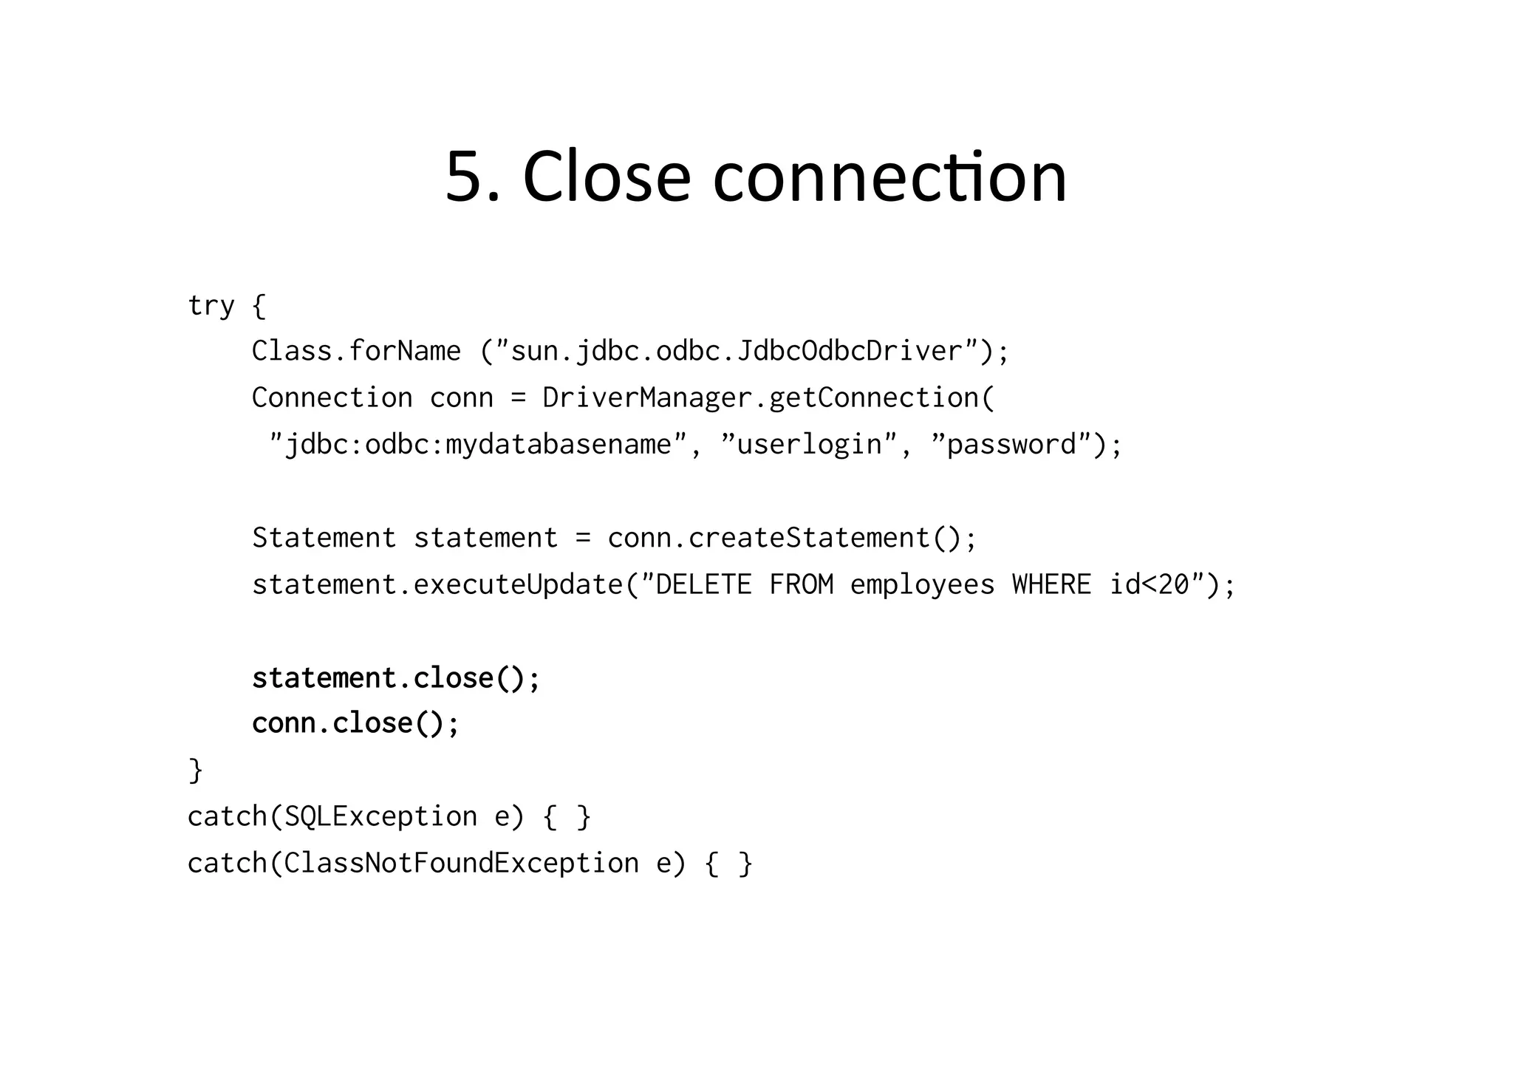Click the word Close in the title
click(x=607, y=177)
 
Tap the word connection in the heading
click(x=889, y=177)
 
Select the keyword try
click(x=211, y=305)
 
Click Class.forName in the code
click(x=356, y=351)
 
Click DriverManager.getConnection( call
click(x=768, y=397)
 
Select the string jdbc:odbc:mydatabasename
click(x=478, y=445)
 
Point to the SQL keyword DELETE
click(x=703, y=585)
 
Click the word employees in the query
click(x=922, y=585)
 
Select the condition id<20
click(x=1150, y=585)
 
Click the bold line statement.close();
click(x=396, y=678)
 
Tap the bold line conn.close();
click(x=355, y=723)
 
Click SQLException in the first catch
click(x=380, y=816)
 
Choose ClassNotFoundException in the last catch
click(x=461, y=863)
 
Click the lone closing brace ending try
click(x=196, y=770)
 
